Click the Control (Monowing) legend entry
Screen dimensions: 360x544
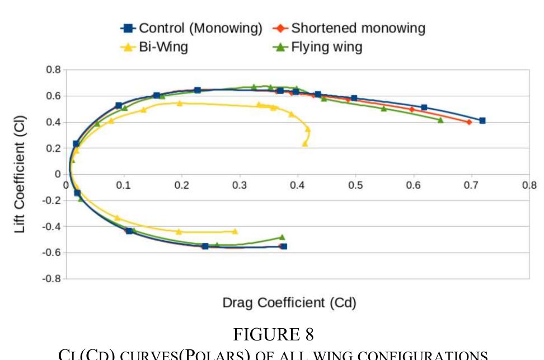192,28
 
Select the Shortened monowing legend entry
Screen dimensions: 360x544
350,28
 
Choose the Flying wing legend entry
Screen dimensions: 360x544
318,46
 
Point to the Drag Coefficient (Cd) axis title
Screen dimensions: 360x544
289,303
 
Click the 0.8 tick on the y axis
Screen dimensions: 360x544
53,69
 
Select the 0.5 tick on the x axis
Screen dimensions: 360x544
356,185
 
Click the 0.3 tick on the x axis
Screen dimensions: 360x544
240,185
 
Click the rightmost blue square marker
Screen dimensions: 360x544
482,120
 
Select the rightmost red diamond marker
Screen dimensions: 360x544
469,122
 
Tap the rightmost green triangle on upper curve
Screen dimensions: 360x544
440,120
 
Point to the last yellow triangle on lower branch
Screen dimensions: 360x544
235,231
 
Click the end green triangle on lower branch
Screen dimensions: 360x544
282,237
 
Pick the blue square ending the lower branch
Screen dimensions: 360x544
284,246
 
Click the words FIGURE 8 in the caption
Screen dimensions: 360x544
273,334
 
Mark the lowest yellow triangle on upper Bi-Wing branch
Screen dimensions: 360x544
305,144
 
